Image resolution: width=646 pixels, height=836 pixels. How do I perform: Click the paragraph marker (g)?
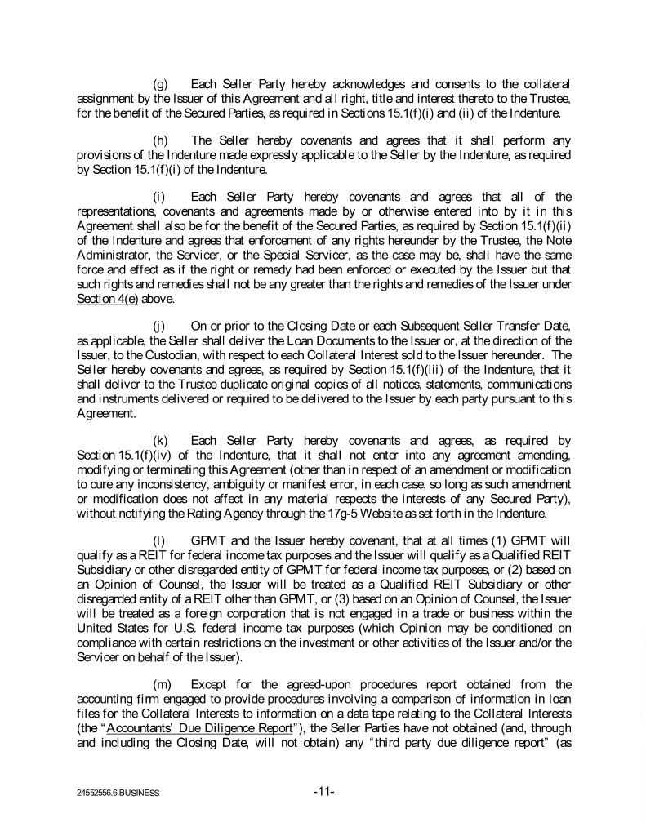(163, 84)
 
